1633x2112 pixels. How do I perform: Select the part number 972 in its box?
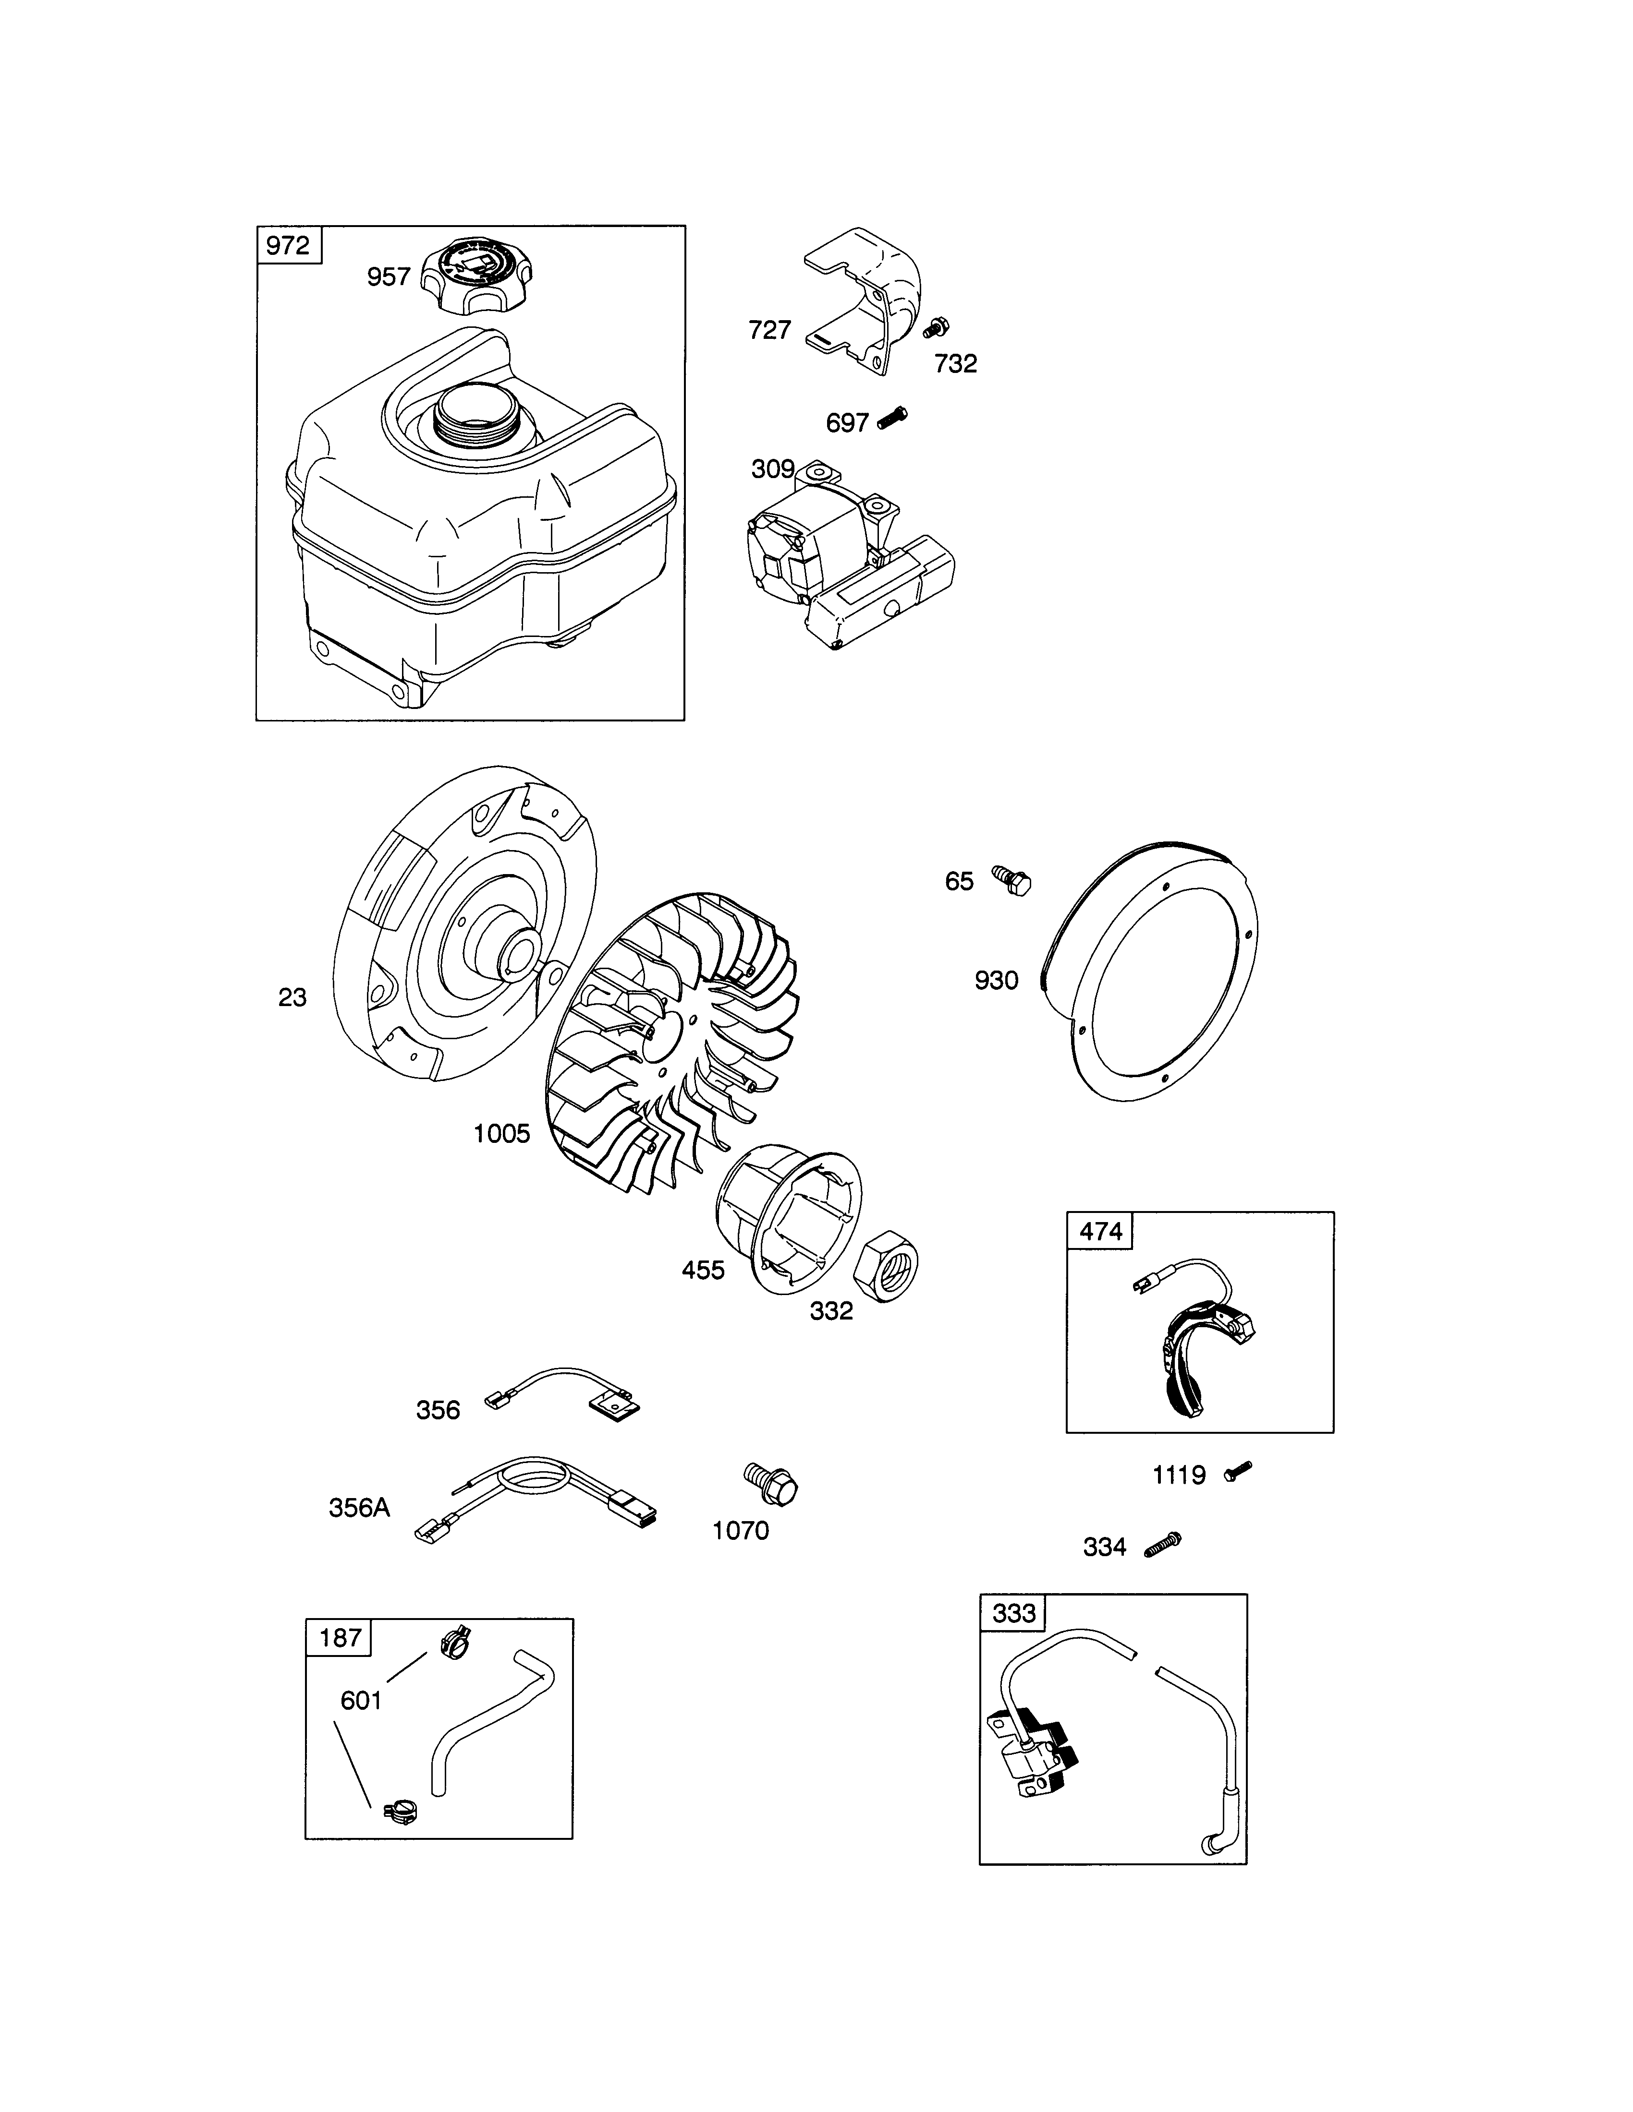[288, 246]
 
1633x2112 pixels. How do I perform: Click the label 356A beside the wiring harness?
[359, 1508]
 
